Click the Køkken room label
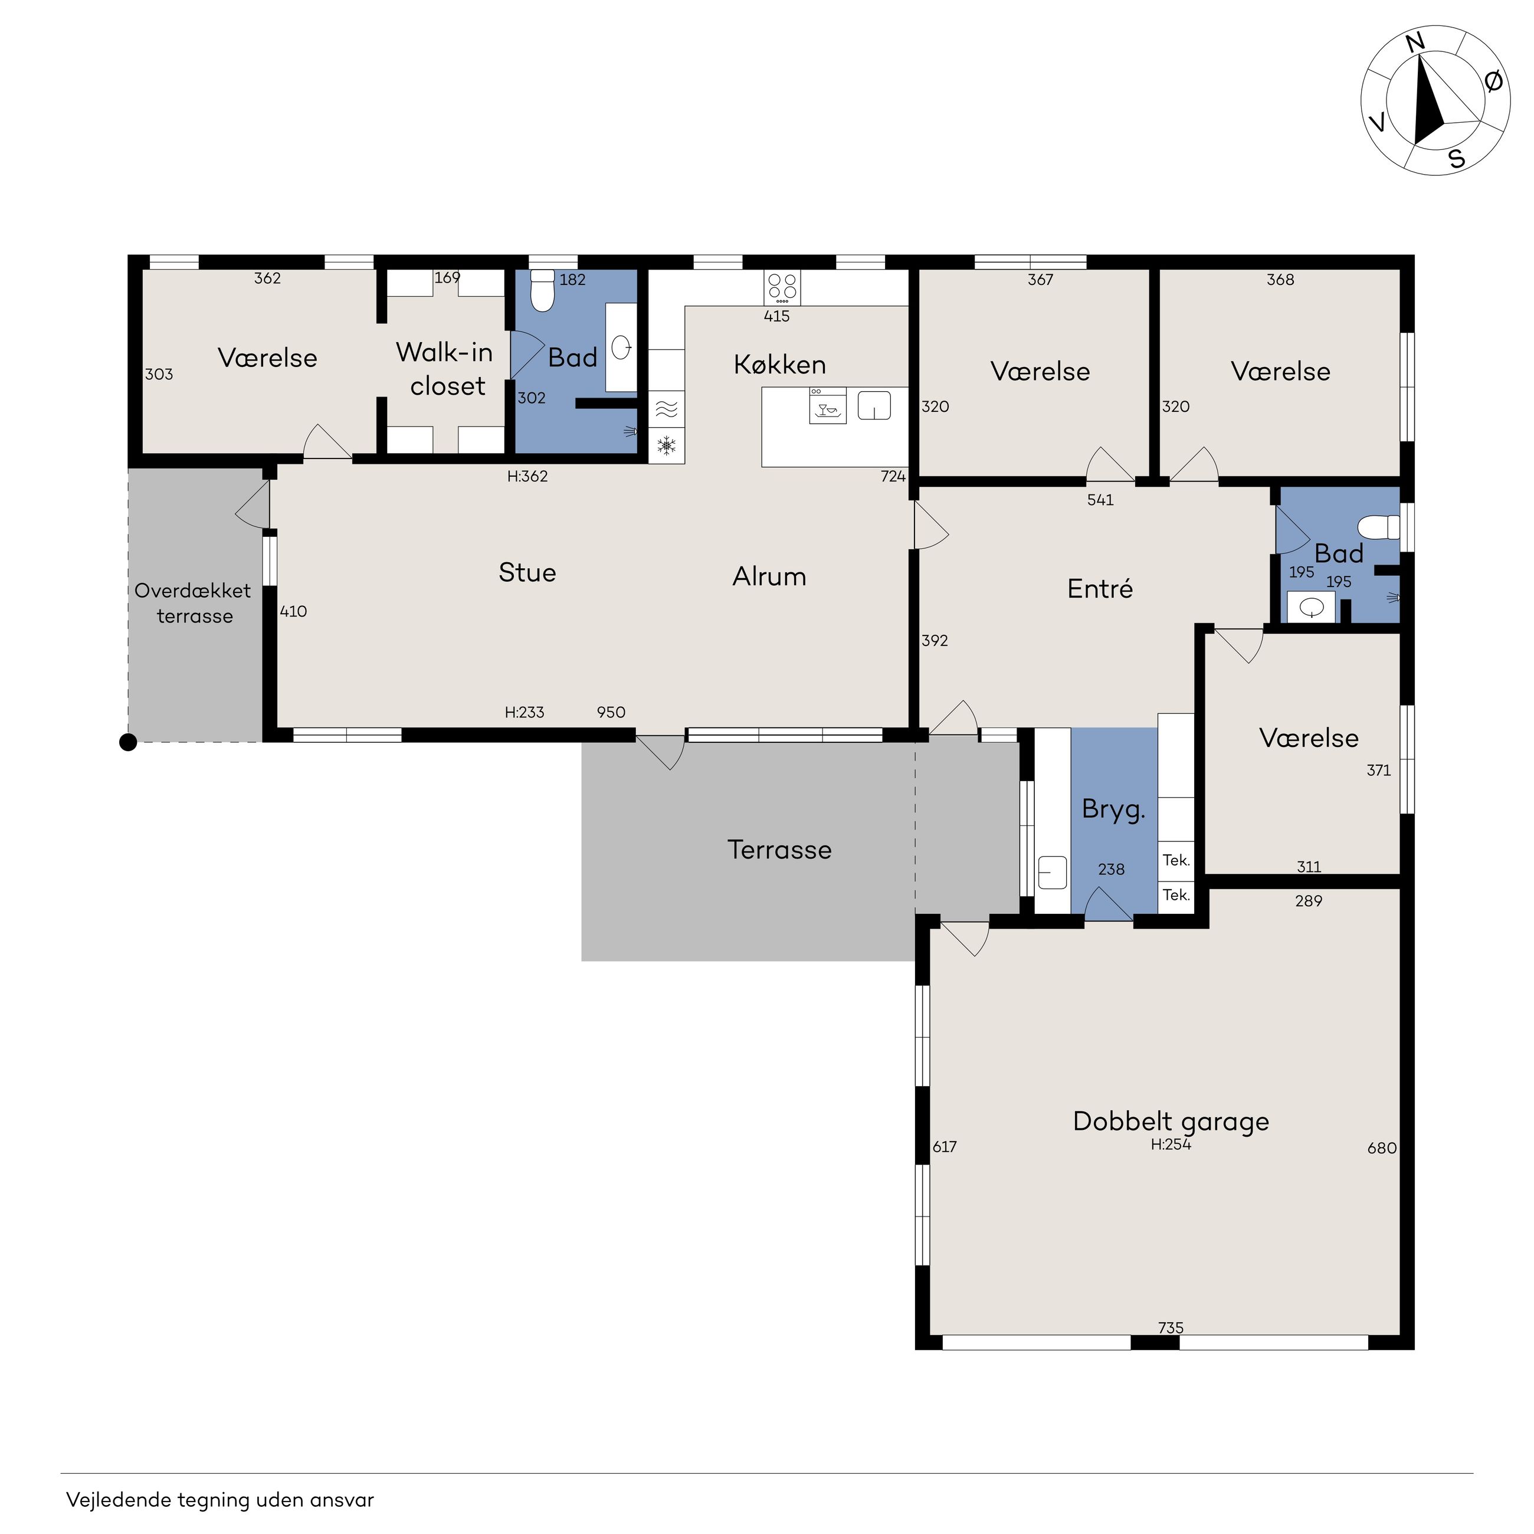pyautogui.click(x=780, y=365)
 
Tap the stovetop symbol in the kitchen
pyautogui.click(x=782, y=287)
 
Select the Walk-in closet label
pyautogui.click(x=445, y=368)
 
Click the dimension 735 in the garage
pyautogui.click(x=1171, y=1327)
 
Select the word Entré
pyautogui.click(x=1100, y=588)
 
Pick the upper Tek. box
pyautogui.click(x=1176, y=860)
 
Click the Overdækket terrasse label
pyautogui.click(x=193, y=604)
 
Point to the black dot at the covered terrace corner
pyautogui.click(x=128, y=742)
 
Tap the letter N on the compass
pyautogui.click(x=1415, y=43)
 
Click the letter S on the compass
pyautogui.click(x=1456, y=159)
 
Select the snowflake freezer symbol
pyautogui.click(x=667, y=446)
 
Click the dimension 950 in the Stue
pyautogui.click(x=611, y=712)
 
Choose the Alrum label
pyautogui.click(x=769, y=576)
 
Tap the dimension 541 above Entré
pyautogui.click(x=1100, y=499)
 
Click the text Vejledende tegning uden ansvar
pyautogui.click(x=220, y=1500)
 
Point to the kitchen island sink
pyautogui.click(x=874, y=405)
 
